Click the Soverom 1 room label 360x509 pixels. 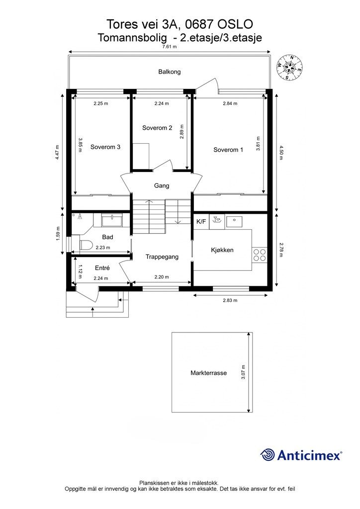tap(228, 150)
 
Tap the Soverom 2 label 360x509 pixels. tap(157, 128)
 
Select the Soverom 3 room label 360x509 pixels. tap(105, 147)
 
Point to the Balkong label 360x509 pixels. tap(170, 72)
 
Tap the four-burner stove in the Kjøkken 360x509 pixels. tap(259, 255)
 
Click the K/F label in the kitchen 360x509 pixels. tap(201, 222)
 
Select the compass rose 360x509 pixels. tap(289, 68)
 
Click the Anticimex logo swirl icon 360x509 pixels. tap(267, 455)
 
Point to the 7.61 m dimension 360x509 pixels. tap(170, 47)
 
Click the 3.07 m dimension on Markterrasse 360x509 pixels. tap(244, 372)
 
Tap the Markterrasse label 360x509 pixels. tap(208, 373)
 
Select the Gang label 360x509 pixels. tap(162, 186)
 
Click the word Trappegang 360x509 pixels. tap(162, 257)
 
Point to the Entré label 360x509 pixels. tap(102, 268)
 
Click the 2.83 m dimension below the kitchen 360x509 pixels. tap(230, 300)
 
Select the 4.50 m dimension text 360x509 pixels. tap(281, 153)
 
